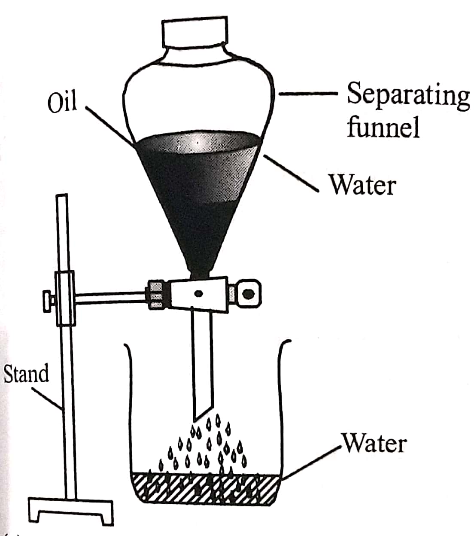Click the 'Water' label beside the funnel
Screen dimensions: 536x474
(x=362, y=185)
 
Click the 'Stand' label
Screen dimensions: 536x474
(x=26, y=373)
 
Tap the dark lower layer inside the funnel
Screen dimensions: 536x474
(x=202, y=228)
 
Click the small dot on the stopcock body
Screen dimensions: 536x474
(x=199, y=294)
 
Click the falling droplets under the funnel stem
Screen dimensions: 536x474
(x=206, y=447)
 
